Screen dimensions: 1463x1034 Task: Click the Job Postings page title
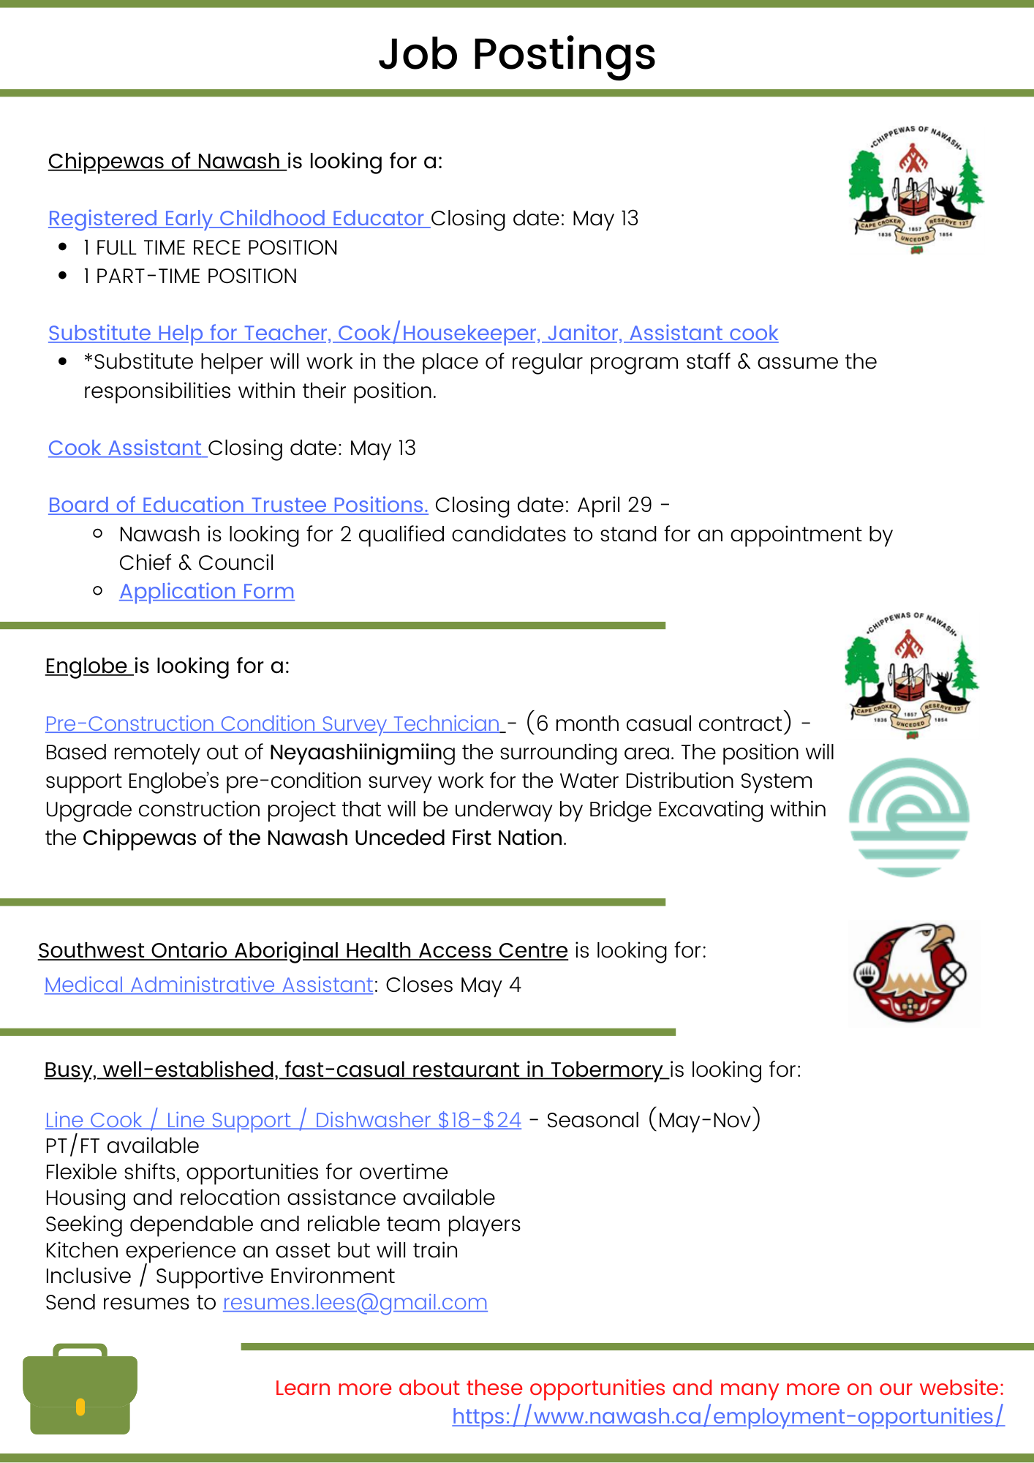coord(517,54)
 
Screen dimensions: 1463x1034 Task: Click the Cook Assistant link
coord(125,448)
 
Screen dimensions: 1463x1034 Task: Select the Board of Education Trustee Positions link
coord(238,505)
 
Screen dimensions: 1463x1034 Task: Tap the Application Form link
coord(207,591)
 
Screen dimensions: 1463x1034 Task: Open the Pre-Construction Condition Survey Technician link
coord(273,723)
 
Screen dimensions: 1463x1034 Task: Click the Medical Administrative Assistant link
coord(209,985)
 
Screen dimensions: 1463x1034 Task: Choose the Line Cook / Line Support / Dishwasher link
coord(283,1120)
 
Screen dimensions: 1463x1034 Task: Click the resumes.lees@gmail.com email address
coord(355,1302)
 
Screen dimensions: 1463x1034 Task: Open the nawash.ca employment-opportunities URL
coord(728,1416)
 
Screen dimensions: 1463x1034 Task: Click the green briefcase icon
coord(80,1389)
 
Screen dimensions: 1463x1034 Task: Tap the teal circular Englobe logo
coord(909,817)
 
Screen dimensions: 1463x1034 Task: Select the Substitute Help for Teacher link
coord(412,333)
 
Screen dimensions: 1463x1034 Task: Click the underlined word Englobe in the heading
coord(86,666)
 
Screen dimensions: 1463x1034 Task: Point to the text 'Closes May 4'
coord(453,985)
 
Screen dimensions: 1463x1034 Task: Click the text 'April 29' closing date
coord(614,505)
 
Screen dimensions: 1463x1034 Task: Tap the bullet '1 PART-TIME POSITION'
coord(190,276)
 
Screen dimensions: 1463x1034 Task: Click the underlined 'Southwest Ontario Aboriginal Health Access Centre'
coord(303,950)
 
